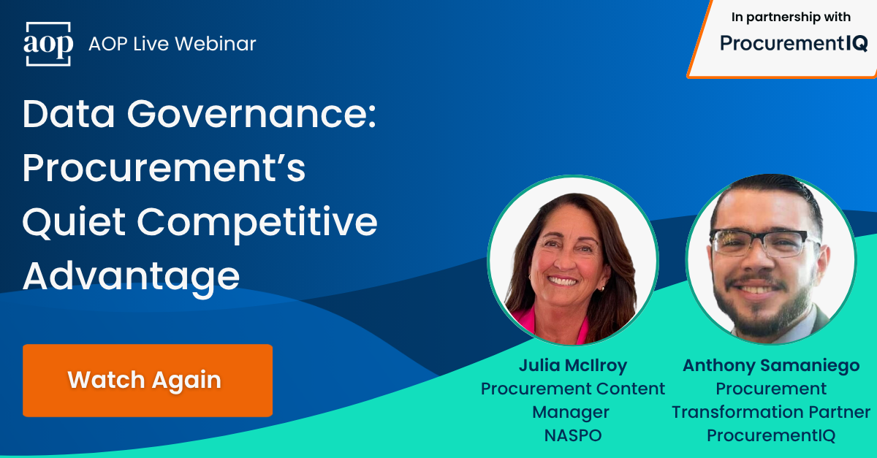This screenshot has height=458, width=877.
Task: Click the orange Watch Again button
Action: pos(147,380)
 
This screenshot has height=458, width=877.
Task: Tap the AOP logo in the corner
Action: pos(48,44)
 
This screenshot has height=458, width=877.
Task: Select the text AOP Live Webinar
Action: pos(172,44)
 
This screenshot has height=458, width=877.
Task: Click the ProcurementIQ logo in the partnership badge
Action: pos(794,44)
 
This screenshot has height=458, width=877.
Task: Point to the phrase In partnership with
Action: pos(791,18)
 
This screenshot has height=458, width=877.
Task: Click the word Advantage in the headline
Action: pos(131,277)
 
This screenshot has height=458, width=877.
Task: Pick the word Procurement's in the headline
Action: pos(164,169)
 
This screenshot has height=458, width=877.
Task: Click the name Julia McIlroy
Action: pos(573,365)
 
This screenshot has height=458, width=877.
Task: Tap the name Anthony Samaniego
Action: pos(771,365)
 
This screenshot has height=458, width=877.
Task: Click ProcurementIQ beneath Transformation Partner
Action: pos(771,435)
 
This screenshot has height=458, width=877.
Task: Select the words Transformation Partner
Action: pos(771,412)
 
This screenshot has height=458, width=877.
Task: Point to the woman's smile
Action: pos(564,280)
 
